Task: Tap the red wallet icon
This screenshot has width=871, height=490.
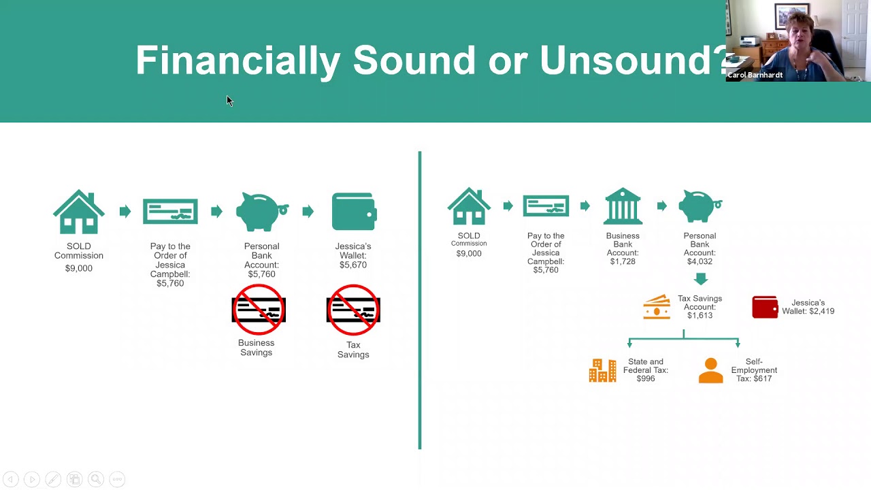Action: pyautogui.click(x=765, y=307)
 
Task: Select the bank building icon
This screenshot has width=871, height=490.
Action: pyautogui.click(x=623, y=206)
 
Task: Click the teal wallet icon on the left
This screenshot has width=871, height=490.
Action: pyautogui.click(x=354, y=212)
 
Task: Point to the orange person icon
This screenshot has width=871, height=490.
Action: pyautogui.click(x=710, y=371)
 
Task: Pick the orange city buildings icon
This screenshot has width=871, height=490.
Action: pyautogui.click(x=602, y=371)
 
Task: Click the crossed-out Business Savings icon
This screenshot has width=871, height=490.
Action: pyautogui.click(x=259, y=310)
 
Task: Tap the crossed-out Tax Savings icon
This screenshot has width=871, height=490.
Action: pyautogui.click(x=353, y=310)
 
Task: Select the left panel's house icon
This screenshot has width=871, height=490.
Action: pyautogui.click(x=79, y=212)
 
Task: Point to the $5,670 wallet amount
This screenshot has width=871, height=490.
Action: pyautogui.click(x=353, y=265)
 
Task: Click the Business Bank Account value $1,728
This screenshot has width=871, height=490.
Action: pyautogui.click(x=623, y=261)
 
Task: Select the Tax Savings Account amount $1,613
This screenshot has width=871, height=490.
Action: pyautogui.click(x=700, y=316)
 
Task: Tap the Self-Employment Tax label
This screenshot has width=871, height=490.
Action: pyautogui.click(x=754, y=370)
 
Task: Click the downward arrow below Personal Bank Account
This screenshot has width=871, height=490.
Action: pyautogui.click(x=700, y=279)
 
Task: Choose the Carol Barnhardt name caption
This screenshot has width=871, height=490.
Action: pyautogui.click(x=755, y=75)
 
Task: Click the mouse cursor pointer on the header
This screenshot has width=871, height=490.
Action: pyautogui.click(x=229, y=101)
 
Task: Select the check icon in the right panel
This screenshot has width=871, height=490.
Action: pyautogui.click(x=546, y=206)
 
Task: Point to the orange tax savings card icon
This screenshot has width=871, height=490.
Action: pyautogui.click(x=657, y=307)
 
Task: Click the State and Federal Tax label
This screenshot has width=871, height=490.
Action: pyautogui.click(x=646, y=370)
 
